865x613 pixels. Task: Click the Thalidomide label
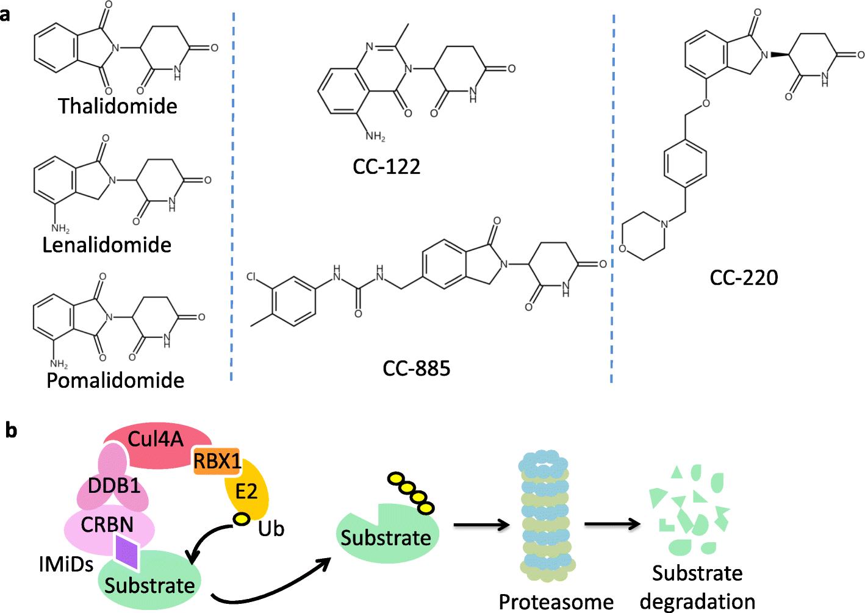118,106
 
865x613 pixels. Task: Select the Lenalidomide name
107,245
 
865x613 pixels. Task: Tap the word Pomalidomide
115,380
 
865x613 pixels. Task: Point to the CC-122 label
386,167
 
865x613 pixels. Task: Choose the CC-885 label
417,368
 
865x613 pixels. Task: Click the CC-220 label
744,278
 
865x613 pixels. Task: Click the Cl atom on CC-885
251,277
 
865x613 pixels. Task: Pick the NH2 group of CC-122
375,137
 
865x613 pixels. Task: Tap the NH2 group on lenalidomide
60,229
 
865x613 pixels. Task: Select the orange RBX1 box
217,462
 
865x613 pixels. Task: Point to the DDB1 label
114,486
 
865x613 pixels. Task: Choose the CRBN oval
108,525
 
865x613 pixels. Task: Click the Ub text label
271,528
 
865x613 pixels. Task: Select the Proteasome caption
556,601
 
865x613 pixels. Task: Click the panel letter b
12,431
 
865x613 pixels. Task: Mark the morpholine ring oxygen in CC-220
622,248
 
